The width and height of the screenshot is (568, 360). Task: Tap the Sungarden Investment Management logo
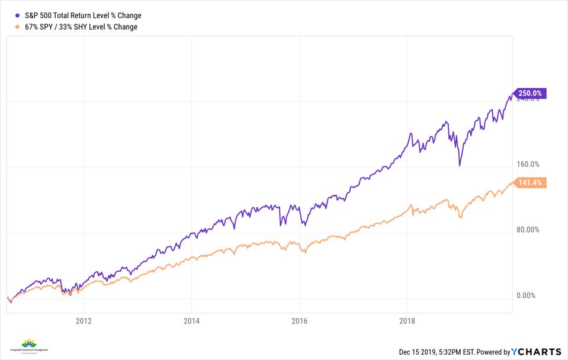[x=28, y=346]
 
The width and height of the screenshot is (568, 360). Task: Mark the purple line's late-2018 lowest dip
[x=460, y=165]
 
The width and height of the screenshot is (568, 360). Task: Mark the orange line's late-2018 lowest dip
[x=460, y=218]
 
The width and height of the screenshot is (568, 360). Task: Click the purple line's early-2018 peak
[x=410, y=134]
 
